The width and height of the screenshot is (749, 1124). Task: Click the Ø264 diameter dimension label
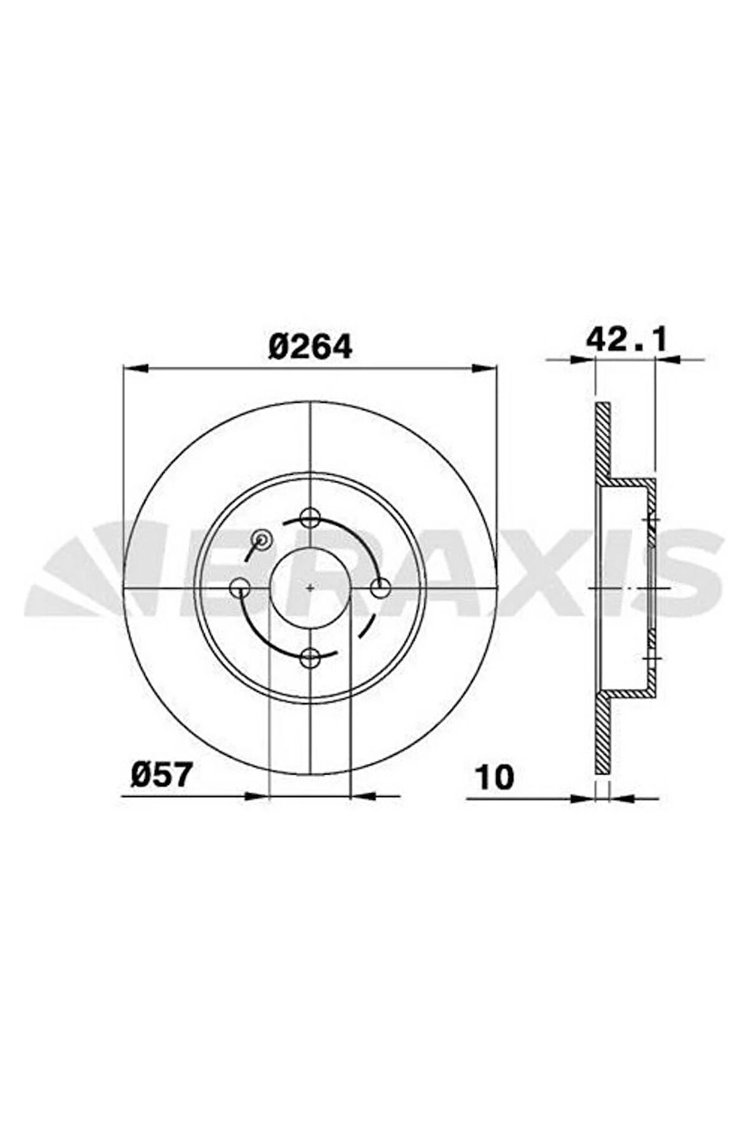pyautogui.click(x=310, y=347)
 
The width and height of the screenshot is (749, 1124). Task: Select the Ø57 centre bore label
pyautogui.click(x=161, y=775)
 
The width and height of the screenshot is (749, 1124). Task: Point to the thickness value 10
pyautogui.click(x=496, y=777)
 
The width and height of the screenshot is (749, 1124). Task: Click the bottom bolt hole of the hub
pyautogui.click(x=310, y=658)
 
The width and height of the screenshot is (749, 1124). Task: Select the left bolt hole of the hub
pyautogui.click(x=240, y=588)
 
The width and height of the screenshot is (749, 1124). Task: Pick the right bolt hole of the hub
pyautogui.click(x=380, y=588)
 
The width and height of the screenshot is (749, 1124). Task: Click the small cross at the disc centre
pyautogui.click(x=310, y=587)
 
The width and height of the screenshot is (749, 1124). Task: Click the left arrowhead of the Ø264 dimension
pyautogui.click(x=135, y=368)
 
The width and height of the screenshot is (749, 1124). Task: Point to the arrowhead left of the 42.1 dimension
pyautogui.click(x=583, y=360)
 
